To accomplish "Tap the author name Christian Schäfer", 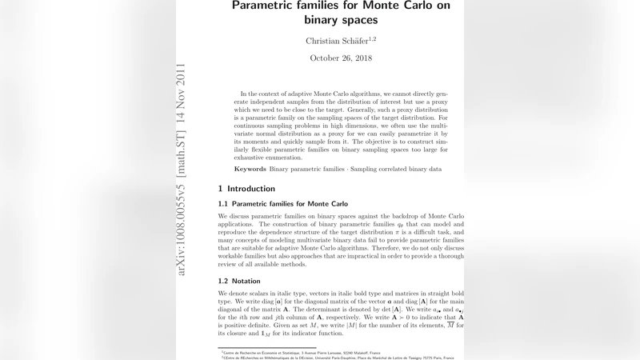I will coord(335,41).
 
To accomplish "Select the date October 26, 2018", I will coord(341,58).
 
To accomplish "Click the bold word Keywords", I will coord(250,169).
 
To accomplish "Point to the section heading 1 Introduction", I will coord(246,189).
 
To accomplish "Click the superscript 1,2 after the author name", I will coord(372,38).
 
